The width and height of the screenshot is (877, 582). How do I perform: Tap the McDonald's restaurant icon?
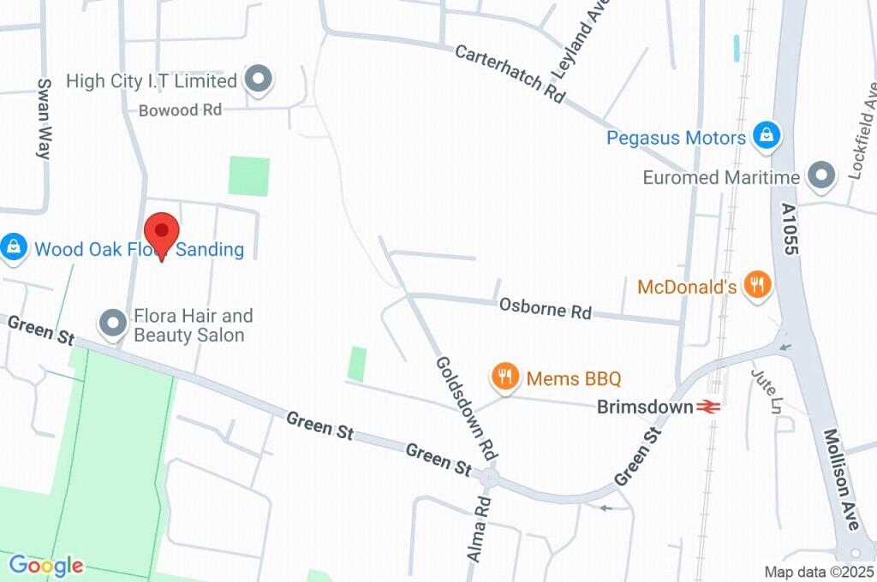click(x=756, y=285)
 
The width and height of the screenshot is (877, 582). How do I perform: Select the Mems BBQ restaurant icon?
click(x=506, y=377)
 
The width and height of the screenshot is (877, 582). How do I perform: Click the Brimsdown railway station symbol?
click(x=708, y=407)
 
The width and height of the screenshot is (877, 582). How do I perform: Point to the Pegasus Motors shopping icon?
click(x=765, y=136)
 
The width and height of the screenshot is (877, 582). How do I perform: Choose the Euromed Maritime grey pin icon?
click(x=822, y=177)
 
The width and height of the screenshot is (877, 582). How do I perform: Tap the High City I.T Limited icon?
click(x=257, y=80)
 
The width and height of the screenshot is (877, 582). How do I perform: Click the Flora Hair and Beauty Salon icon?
click(x=112, y=324)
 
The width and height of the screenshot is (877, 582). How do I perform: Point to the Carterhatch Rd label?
click(x=510, y=74)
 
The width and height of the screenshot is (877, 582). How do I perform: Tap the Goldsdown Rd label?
click(x=467, y=407)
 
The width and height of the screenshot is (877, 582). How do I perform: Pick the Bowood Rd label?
click(x=180, y=110)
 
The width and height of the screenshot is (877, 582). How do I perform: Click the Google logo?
click(x=46, y=565)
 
